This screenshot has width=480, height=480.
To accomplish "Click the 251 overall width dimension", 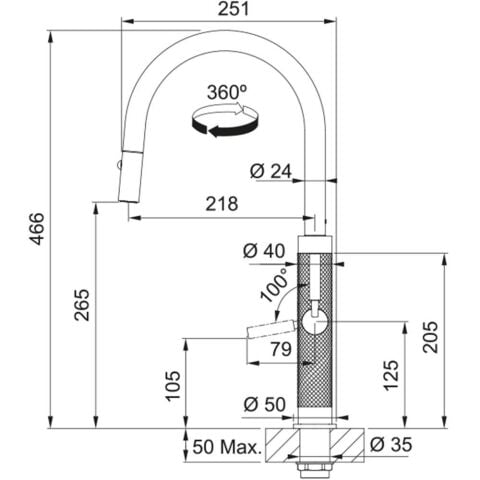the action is pyautogui.click(x=233, y=9).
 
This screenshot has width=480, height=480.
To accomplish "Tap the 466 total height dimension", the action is pyautogui.click(x=36, y=229).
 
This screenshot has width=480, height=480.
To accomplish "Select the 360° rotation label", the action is pyautogui.click(x=227, y=92).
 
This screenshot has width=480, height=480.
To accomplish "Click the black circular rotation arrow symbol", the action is pyautogui.click(x=225, y=120).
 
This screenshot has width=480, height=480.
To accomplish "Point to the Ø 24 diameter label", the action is pyautogui.click(x=271, y=172).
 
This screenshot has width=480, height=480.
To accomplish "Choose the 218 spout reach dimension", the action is pyautogui.click(x=222, y=203).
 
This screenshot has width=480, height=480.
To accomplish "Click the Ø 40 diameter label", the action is pyautogui.click(x=264, y=251).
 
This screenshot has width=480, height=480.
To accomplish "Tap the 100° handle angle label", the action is pyautogui.click(x=274, y=284).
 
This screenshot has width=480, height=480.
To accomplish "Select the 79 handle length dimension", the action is pyautogui.click(x=281, y=349).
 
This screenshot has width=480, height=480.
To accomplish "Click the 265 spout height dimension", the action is pyautogui.click(x=82, y=305).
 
